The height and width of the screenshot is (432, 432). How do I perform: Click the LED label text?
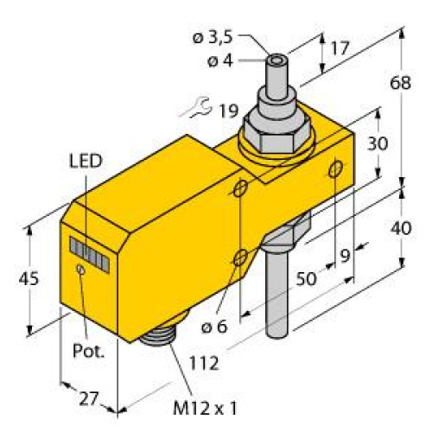tap(85, 160)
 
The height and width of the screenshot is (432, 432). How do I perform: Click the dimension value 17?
tap(339, 50)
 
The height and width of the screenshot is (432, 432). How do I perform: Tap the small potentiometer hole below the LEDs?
tap(80, 271)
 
